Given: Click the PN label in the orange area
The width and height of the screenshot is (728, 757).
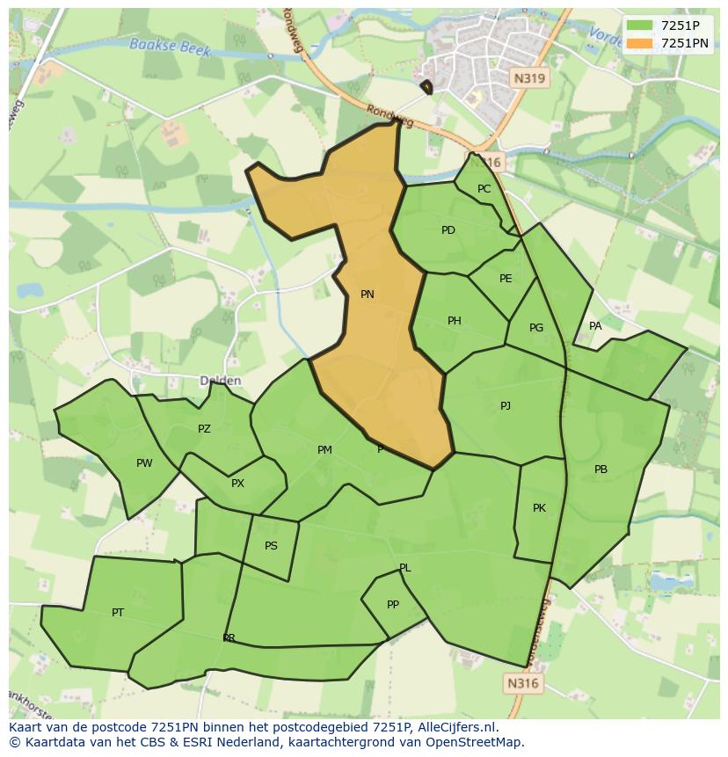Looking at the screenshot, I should coord(368,295).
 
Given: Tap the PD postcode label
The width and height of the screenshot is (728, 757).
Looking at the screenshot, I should coord(448,230).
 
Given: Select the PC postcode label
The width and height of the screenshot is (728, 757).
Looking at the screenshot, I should coord(484,189).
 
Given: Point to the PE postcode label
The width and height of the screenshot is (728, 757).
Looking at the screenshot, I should coord(506,279).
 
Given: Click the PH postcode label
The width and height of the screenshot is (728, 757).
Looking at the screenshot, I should coord(455,321).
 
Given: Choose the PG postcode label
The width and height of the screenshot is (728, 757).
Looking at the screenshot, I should coord(536,328).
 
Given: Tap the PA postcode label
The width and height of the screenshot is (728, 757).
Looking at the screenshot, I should coord(595,326).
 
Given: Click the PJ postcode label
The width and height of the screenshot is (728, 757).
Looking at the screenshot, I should coord(506,406).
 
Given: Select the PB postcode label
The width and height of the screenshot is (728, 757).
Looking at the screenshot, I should coord(601,469).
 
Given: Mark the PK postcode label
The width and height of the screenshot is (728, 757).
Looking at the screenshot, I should coord(539,508).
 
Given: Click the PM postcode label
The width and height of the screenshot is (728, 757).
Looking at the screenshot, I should coord(324,450).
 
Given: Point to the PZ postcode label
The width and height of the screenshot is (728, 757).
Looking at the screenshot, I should coord(204,429).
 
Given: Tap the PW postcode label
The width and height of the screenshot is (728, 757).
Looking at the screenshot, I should coord(144,463).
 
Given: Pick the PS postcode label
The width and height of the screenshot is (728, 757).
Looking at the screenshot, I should coord(271,546).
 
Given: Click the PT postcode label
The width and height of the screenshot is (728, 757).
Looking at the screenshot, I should coord(118,613).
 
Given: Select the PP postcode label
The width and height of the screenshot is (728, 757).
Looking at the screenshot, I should coord(393,605).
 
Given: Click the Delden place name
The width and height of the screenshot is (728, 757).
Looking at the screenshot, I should coord(220,381).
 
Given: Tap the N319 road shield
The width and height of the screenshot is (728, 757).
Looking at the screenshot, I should coord(529,78).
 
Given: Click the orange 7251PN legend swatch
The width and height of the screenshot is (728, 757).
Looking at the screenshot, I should coord(640,43).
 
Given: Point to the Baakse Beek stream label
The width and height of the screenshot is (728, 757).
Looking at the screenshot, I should coord(170,47).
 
